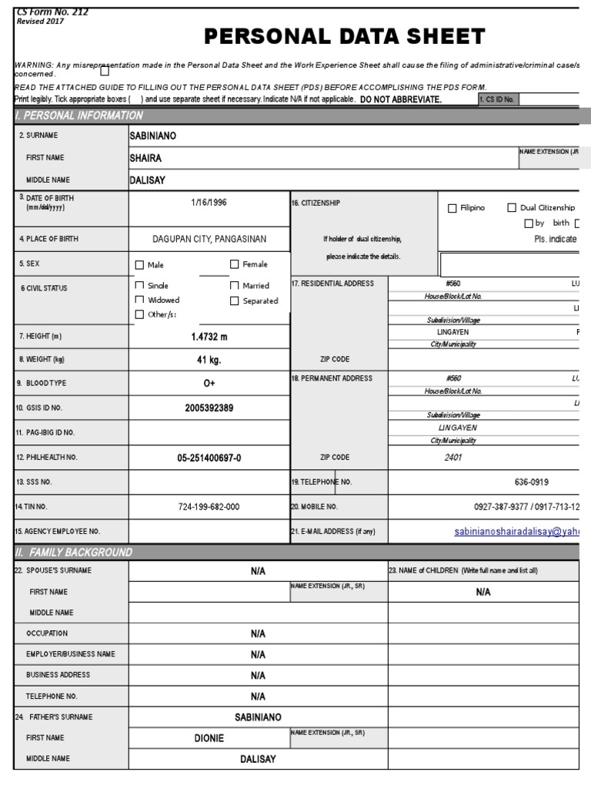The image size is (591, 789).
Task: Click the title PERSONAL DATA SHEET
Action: [344, 36]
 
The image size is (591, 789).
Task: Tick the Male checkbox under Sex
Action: [139, 265]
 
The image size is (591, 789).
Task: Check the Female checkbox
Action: [235, 264]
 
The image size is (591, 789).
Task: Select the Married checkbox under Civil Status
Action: [235, 286]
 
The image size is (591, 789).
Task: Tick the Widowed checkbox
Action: [139, 300]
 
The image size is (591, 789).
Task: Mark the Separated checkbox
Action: [235, 300]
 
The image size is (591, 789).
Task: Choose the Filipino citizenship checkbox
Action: [452, 208]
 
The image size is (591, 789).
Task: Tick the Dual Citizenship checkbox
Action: [512, 207]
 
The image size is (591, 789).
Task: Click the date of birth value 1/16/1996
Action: [209, 202]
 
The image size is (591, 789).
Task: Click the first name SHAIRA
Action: [146, 158]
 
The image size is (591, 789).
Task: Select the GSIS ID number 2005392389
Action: [209, 408]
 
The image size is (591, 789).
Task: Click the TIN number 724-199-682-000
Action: [209, 507]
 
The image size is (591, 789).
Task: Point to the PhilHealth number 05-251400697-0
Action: [209, 458]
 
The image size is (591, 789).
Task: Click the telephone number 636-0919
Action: [531, 482]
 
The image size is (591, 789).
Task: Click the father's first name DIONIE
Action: [209, 737]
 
